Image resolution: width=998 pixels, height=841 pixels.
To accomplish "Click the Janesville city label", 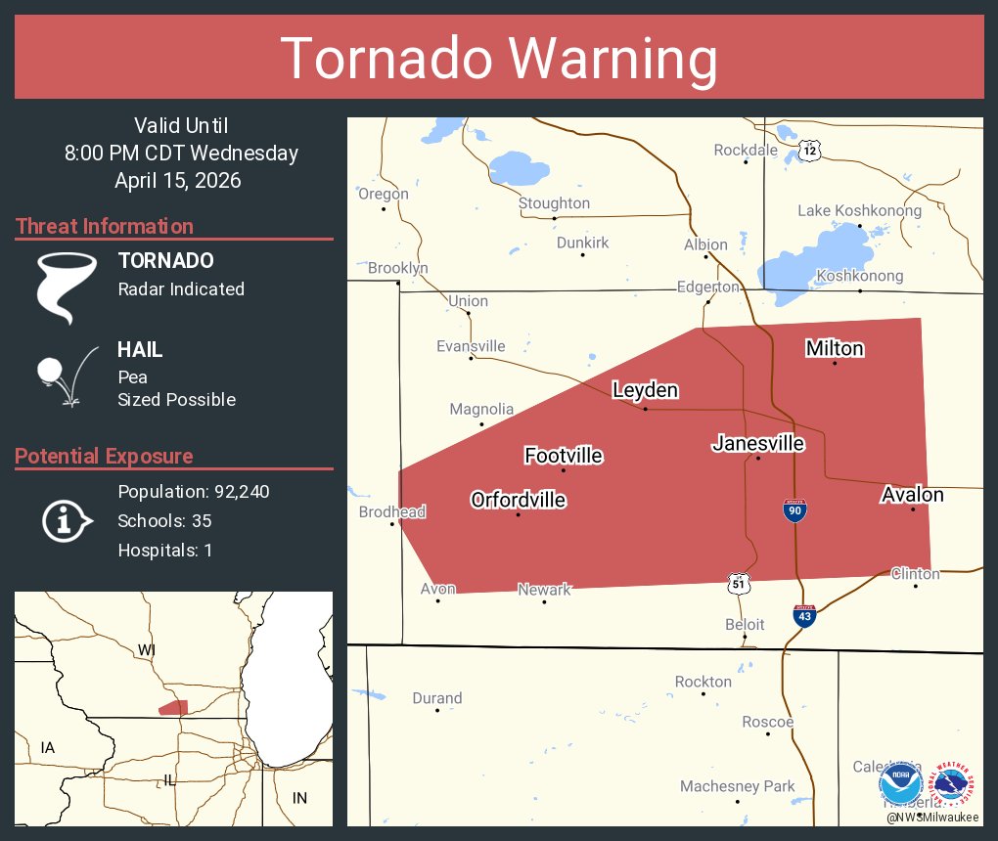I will tap(758, 444).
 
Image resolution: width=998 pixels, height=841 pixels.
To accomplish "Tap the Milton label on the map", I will tap(835, 348).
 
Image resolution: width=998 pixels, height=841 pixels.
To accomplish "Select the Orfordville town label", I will tap(519, 500).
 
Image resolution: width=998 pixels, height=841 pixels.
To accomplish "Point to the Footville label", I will tap(564, 456).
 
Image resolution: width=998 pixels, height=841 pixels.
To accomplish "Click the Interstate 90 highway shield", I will tap(794, 510).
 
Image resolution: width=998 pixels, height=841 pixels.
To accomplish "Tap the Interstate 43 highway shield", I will tap(803, 615).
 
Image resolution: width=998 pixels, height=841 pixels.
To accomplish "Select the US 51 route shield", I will tap(740, 583).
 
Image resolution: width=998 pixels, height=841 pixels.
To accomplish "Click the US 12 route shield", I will tap(808, 150).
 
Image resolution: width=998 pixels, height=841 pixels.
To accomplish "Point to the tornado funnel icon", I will tap(66, 287).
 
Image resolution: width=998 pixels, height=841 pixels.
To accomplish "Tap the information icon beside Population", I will tap(66, 520).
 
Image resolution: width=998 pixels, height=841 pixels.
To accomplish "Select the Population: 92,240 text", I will tap(193, 491).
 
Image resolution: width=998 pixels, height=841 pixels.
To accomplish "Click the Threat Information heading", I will tap(105, 226).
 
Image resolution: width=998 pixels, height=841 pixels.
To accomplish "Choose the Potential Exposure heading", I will tap(105, 456).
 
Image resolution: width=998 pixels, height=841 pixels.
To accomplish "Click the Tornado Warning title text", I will tap(499, 59).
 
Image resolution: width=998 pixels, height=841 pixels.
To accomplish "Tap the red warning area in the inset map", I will tap(173, 707).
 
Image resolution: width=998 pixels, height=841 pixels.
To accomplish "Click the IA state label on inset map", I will tap(48, 748).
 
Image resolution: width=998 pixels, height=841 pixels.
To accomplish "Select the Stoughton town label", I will tap(554, 202).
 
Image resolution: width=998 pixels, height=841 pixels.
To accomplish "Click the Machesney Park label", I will tap(737, 786).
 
